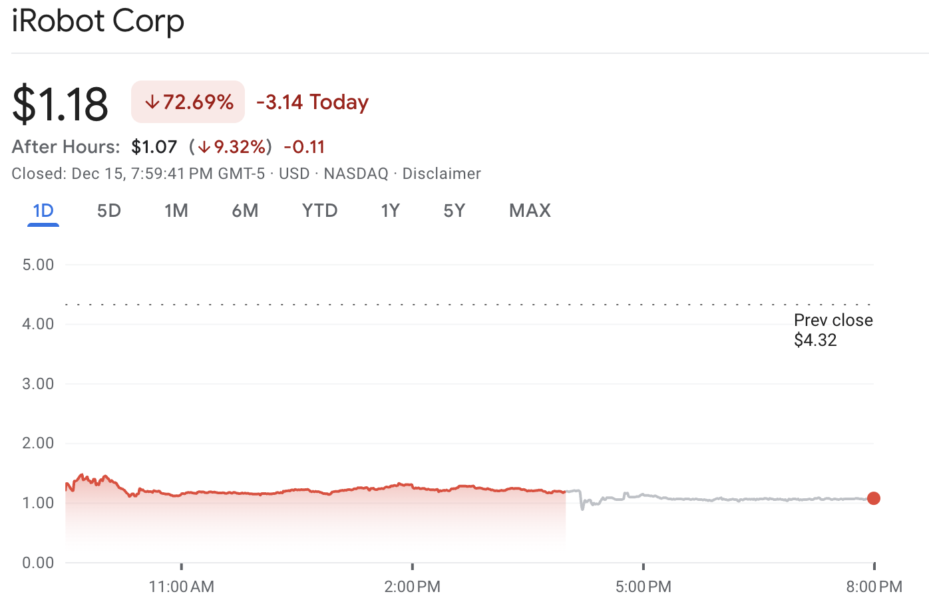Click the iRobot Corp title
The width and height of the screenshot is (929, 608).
point(98,21)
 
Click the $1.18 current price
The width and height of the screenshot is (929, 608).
point(60,104)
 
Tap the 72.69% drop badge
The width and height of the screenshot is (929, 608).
point(188,102)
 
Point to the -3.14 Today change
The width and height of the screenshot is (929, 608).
point(312,102)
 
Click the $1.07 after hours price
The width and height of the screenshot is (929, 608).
point(154,146)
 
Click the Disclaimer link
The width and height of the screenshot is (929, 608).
point(441,174)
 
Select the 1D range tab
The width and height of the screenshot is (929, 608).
point(43,211)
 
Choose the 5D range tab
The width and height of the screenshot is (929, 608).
point(109,211)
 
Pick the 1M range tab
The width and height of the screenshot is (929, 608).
point(176,211)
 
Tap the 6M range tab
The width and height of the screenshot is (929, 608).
point(245,211)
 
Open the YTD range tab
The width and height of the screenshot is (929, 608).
point(319,211)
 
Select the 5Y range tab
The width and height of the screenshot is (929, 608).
point(454,211)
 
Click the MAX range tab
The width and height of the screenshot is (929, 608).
point(530,211)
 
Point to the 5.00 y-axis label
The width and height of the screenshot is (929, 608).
point(38,265)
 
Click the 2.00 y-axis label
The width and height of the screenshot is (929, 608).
point(38,443)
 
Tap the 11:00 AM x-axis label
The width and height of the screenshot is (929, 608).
point(181,587)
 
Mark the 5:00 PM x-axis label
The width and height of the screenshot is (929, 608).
point(643,587)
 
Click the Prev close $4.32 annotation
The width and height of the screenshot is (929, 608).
point(833,330)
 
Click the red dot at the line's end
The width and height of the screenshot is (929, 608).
point(874,498)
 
